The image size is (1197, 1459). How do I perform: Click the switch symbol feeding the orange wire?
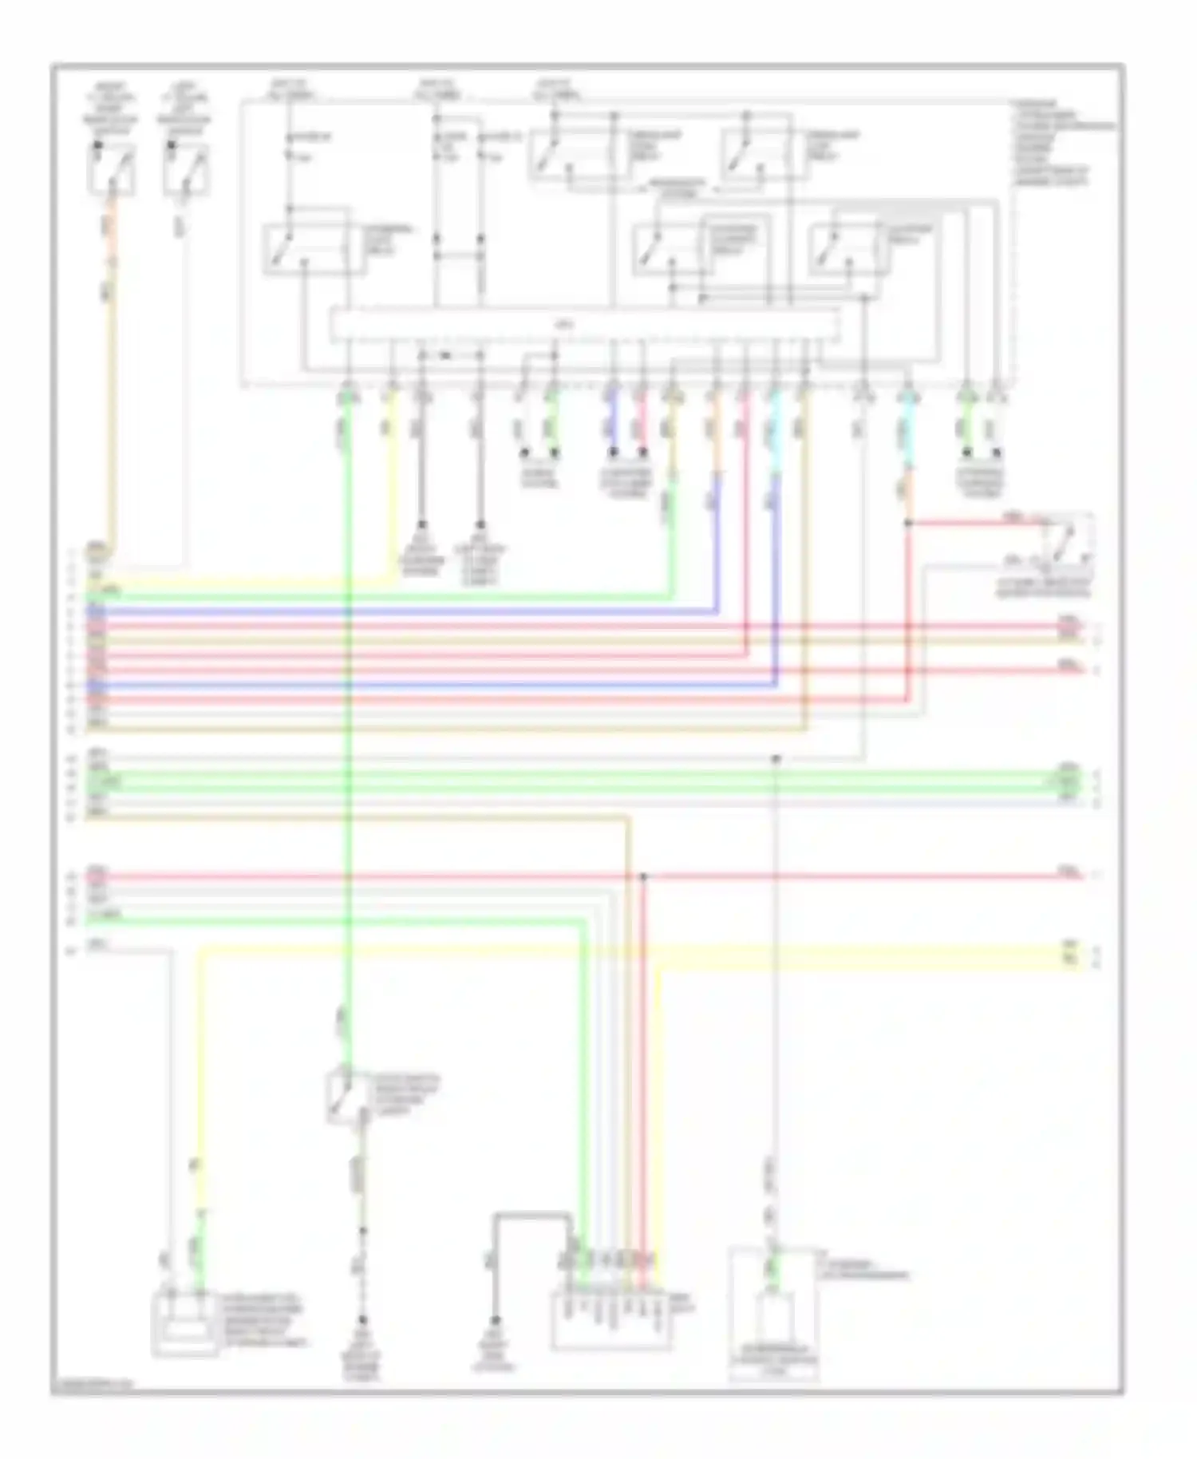tap(111, 170)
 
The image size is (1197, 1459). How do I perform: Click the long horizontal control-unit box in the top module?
tap(585, 325)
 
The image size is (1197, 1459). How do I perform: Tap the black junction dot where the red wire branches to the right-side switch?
tap(907, 524)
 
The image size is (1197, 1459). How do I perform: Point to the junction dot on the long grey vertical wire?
tap(775, 758)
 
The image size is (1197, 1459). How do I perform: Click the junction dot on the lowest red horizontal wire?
tap(644, 876)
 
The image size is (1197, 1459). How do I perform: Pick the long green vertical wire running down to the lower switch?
tap(348, 718)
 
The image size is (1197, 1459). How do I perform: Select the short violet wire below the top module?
tap(612, 423)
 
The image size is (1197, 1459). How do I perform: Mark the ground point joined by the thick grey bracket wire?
tap(495, 1320)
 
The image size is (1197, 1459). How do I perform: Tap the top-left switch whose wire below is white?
tap(187, 170)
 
